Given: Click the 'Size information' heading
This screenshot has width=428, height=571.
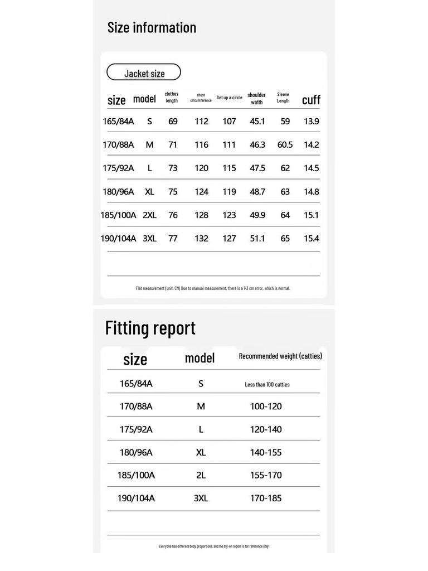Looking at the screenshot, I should click(x=152, y=27).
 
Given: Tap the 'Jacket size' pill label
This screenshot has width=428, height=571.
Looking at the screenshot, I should click(x=144, y=73).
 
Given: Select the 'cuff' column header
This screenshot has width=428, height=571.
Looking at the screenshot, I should click(x=311, y=100).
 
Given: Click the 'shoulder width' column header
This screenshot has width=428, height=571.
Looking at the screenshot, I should click(x=256, y=99).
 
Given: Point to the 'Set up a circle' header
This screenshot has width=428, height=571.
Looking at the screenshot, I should click(x=229, y=98).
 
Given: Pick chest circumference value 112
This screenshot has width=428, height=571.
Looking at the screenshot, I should click(x=201, y=121).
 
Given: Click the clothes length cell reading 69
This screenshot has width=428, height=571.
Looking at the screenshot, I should click(x=173, y=121).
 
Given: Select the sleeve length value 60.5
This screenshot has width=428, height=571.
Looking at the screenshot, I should click(x=285, y=144).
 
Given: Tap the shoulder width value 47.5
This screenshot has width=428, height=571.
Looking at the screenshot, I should click(x=257, y=168).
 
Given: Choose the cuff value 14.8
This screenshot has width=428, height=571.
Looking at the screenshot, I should click(x=311, y=192).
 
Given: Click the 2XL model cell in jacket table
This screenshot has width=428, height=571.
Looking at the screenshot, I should click(x=149, y=215).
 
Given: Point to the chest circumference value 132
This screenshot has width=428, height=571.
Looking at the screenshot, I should click(x=201, y=239).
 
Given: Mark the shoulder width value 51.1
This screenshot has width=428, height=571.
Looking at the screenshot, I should click(x=257, y=239).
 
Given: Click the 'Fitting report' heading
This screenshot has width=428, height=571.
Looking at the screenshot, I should click(x=150, y=328).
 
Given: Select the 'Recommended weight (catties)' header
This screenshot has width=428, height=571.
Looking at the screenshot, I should click(x=280, y=356).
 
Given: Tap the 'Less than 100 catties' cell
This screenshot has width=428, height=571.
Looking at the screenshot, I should click(x=267, y=384).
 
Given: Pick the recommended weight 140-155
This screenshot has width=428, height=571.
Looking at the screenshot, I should click(x=266, y=452).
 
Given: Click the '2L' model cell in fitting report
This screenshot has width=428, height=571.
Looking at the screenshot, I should click(x=201, y=475).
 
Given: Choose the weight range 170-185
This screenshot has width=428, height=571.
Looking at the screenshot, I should click(x=266, y=498).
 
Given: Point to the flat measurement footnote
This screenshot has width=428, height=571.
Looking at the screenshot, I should click(x=213, y=288).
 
